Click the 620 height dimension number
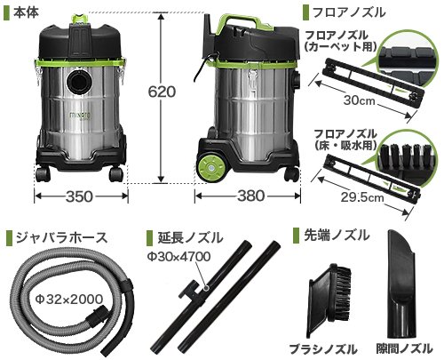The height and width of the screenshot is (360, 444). [x=162, y=92]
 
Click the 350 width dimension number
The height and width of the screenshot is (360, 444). [x=80, y=196]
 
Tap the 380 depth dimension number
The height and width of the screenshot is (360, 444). [x=250, y=196]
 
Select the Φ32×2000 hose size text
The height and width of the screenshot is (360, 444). [x=69, y=299]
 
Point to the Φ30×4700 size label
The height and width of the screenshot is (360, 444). [x=179, y=257]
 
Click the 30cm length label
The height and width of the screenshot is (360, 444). [x=359, y=100]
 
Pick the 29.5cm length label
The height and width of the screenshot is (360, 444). [x=361, y=197]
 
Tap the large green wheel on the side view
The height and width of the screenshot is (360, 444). [x=211, y=167]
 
